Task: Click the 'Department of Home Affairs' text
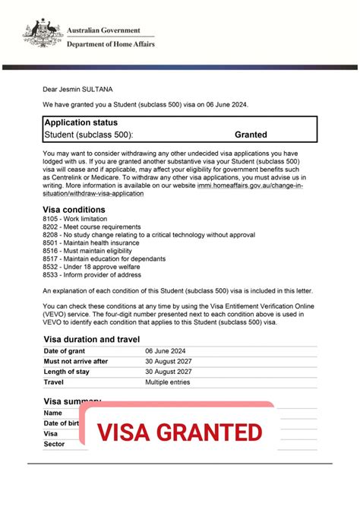coord(109,45)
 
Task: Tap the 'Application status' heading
coord(81,122)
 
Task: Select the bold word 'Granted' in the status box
coord(251,135)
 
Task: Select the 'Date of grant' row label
coord(65,350)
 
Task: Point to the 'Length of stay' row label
coord(67,372)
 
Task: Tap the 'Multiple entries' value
coord(172,382)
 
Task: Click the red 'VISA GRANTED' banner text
coord(179,432)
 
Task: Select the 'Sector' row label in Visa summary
coord(55,444)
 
